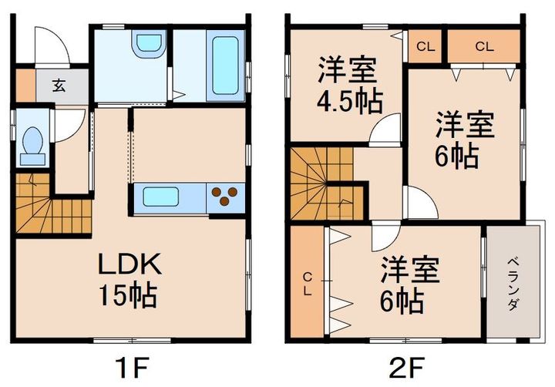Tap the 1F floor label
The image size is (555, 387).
pyautogui.click(x=130, y=364)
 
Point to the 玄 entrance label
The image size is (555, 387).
pyautogui.click(x=59, y=85)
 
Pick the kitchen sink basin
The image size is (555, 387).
pyautogui.click(x=163, y=197)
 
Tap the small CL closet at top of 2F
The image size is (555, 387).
pyautogui.click(x=425, y=47)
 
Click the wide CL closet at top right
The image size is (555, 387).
pyautogui.click(x=483, y=47)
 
